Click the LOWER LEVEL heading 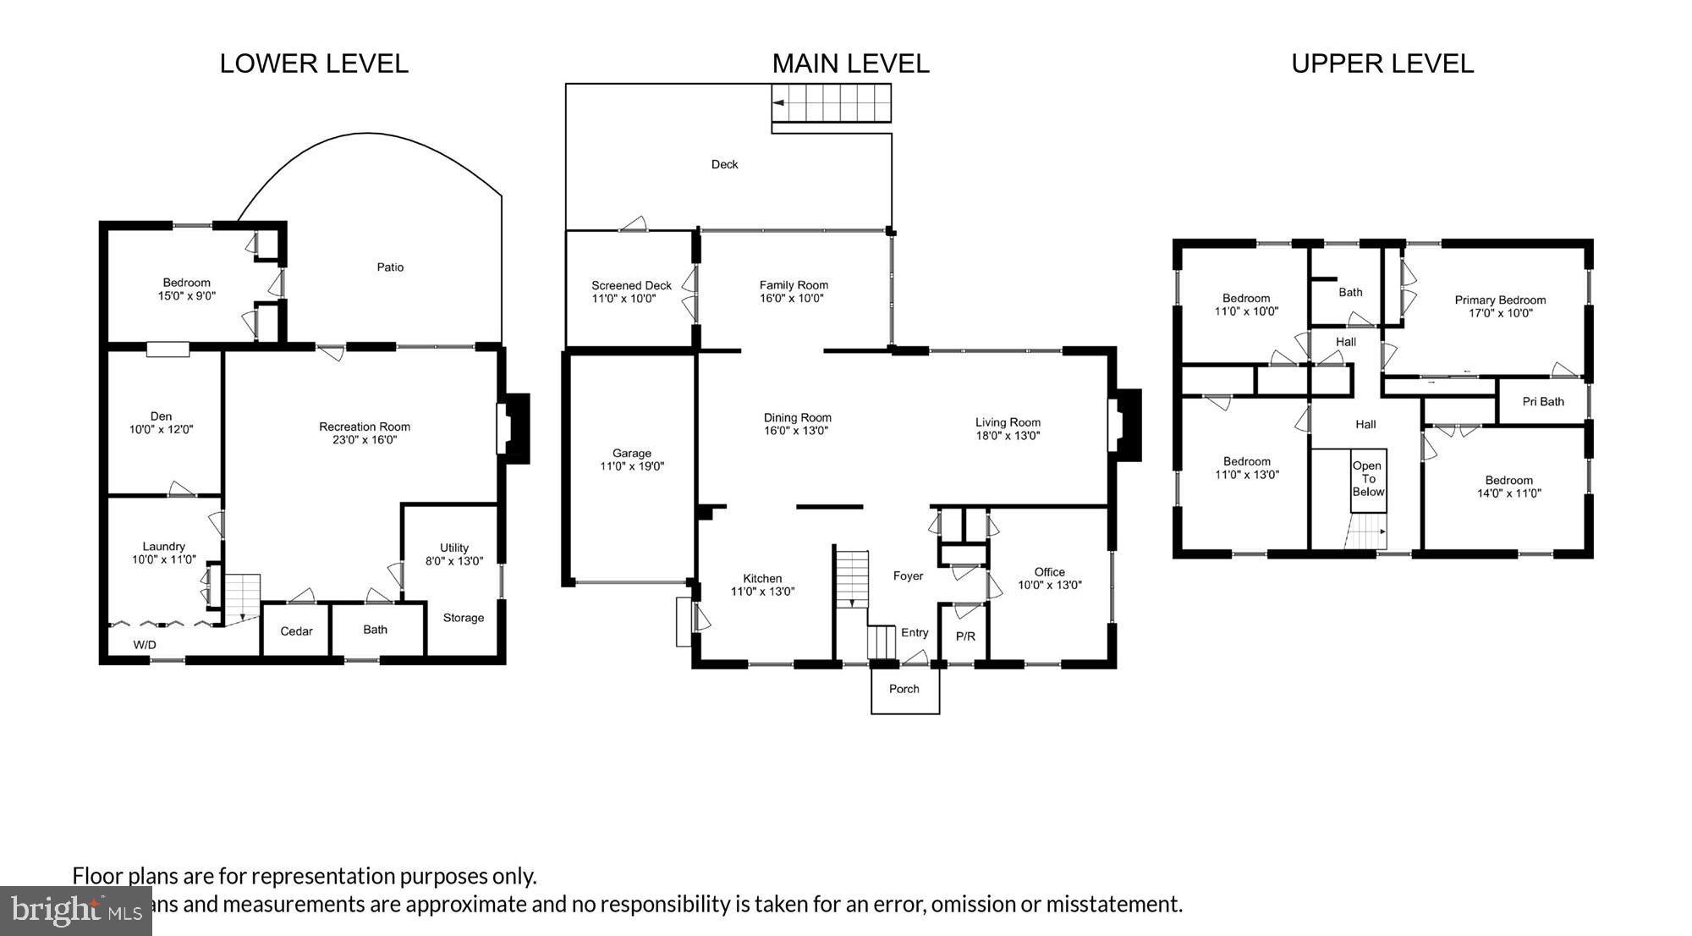(314, 63)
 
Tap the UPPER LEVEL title (1382, 63)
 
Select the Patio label (390, 267)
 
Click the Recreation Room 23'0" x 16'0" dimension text (365, 440)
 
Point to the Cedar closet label (296, 631)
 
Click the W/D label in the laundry (145, 645)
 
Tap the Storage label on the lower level (464, 618)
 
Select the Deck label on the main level (724, 164)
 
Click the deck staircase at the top (832, 102)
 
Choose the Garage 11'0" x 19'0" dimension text (632, 466)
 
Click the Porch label (904, 689)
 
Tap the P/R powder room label (965, 636)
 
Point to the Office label (1049, 572)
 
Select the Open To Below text (1367, 479)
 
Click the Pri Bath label (1543, 402)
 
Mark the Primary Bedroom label (1500, 300)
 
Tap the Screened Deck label (631, 285)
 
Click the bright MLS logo (76, 911)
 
